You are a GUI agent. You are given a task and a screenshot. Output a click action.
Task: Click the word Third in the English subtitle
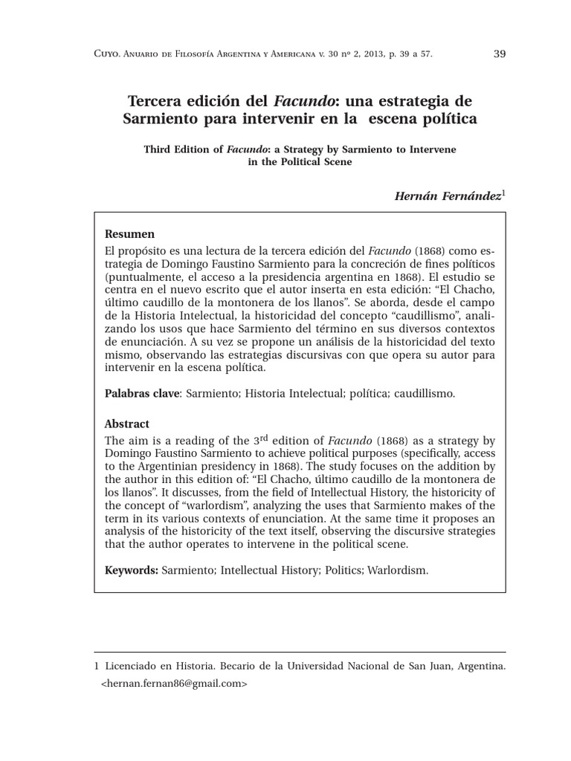coord(160,149)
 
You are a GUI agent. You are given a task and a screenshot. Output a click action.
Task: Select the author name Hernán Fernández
coord(446,195)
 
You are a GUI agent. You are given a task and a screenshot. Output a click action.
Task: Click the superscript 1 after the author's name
coord(503,192)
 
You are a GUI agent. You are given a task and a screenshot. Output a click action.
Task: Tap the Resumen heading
coord(129,233)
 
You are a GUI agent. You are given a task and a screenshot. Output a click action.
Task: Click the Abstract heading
coord(127,424)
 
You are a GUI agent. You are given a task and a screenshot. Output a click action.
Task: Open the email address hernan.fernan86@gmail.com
coord(173,683)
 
